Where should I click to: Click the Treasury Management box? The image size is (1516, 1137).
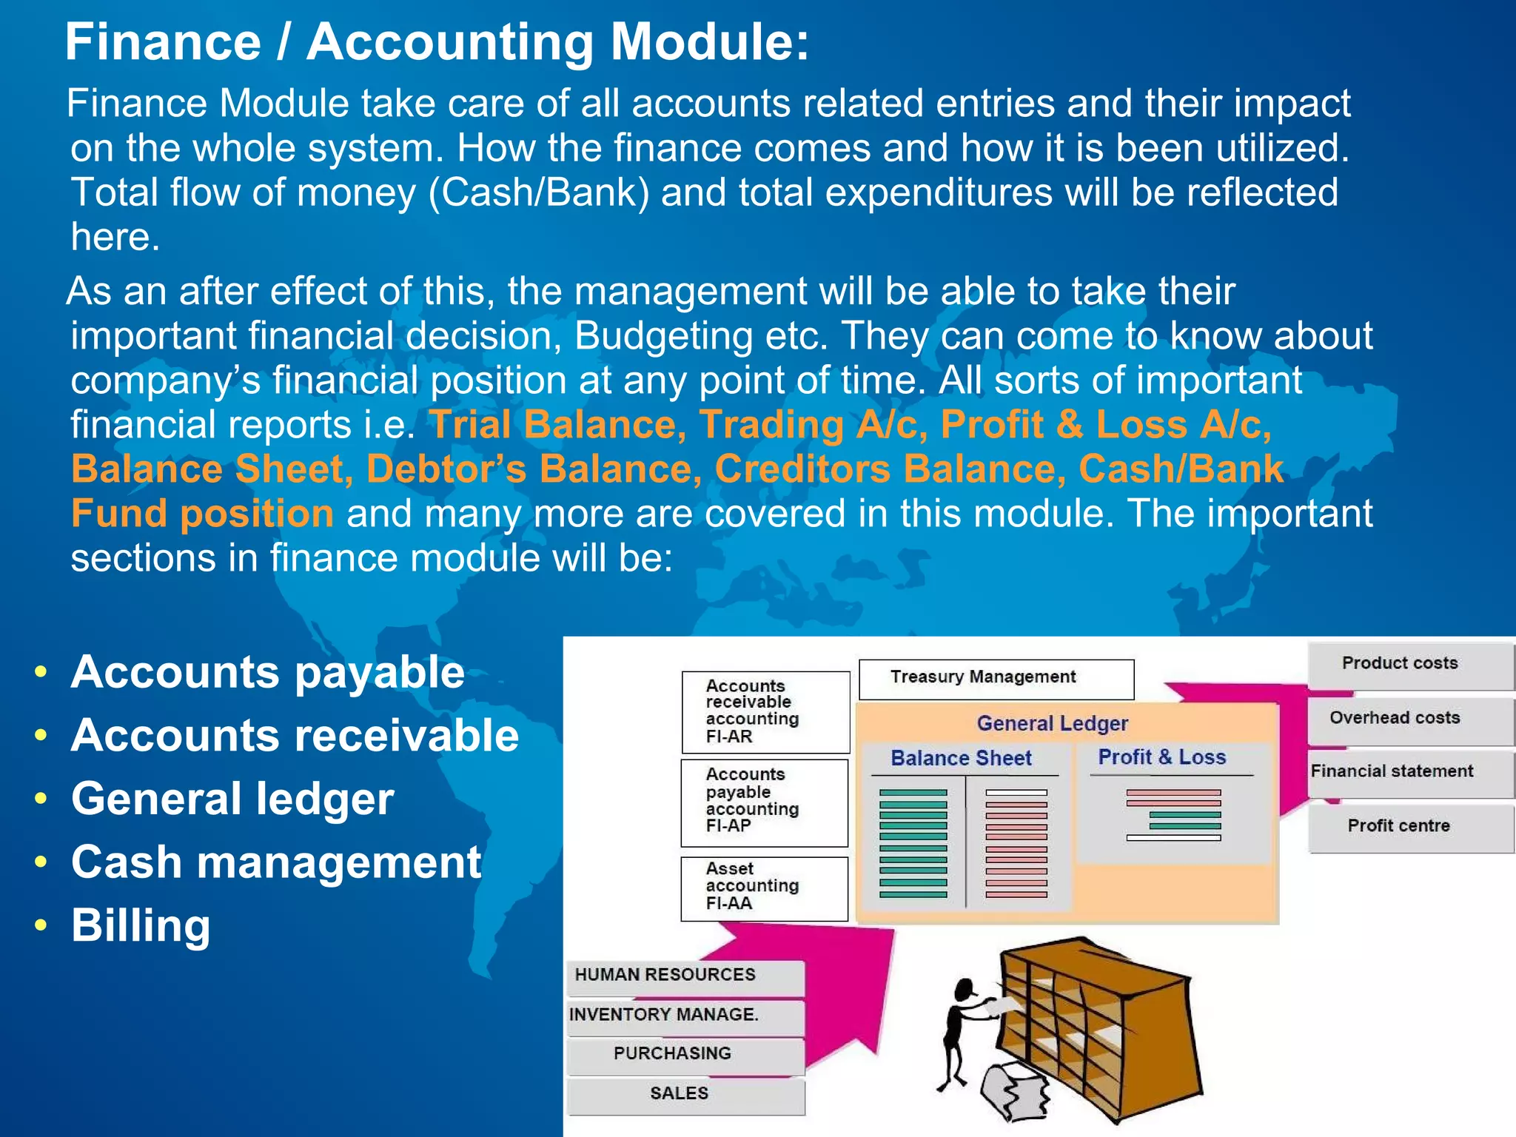996,678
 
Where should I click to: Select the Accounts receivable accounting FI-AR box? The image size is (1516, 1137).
765,711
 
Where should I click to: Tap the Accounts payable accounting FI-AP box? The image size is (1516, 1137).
764,802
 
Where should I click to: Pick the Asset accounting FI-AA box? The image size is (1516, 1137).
764,888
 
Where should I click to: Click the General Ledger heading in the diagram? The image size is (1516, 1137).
1052,723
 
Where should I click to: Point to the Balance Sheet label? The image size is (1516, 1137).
961,759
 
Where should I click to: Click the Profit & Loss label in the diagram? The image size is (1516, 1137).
1161,757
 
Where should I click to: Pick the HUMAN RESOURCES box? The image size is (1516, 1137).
685,976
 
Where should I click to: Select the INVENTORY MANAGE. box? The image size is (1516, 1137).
685,1016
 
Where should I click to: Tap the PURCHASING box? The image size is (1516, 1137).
685,1055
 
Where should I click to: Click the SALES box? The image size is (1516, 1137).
685,1095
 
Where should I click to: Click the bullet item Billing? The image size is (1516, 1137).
141,926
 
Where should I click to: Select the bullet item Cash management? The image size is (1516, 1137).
275,862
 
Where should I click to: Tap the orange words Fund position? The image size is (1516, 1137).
202,514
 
